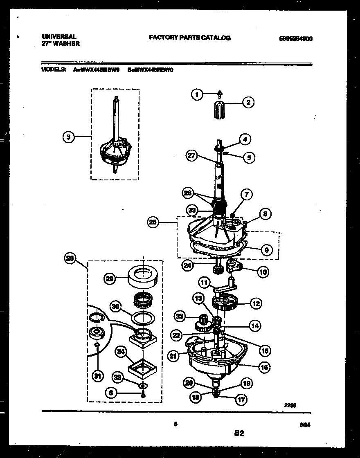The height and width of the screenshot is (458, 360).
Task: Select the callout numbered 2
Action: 248,102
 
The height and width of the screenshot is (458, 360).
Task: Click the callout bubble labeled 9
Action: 266,249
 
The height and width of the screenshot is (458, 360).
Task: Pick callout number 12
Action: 256,303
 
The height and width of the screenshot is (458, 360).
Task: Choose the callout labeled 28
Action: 70,258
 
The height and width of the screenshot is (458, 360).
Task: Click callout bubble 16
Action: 265,368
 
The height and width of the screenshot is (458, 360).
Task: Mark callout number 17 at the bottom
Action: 241,400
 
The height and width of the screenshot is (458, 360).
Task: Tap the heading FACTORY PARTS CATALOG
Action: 189,38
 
